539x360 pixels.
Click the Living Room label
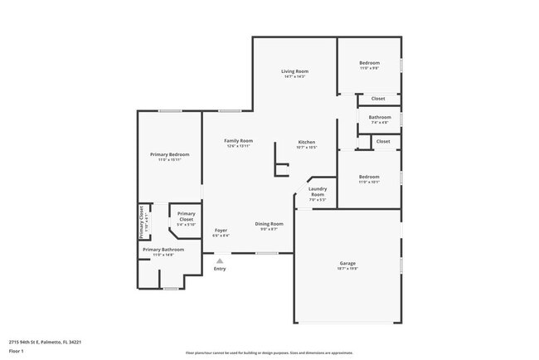click(296, 72)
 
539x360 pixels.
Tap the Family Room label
click(238, 141)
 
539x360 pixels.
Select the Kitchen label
click(307, 142)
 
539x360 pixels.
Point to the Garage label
click(347, 263)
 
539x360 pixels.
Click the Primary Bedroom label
click(169, 155)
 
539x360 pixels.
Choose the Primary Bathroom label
click(163, 250)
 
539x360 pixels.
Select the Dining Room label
click(269, 223)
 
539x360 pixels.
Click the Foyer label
click(221, 231)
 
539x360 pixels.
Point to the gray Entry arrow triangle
click(220, 260)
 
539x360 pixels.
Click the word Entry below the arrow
click(220, 269)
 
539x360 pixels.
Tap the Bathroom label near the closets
click(380, 118)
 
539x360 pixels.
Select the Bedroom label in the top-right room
click(369, 64)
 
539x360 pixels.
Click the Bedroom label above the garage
click(369, 177)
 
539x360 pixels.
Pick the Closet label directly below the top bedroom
click(377, 99)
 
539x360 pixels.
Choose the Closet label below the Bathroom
click(382, 142)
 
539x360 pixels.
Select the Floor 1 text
click(17, 352)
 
